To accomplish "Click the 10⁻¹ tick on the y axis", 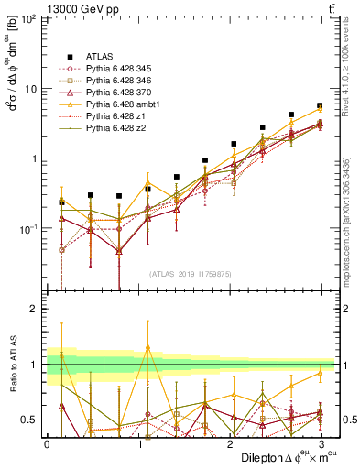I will (x=30, y=228).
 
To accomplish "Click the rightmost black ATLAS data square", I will (x=320, y=105).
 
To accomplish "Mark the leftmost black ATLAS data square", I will (x=61, y=202).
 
